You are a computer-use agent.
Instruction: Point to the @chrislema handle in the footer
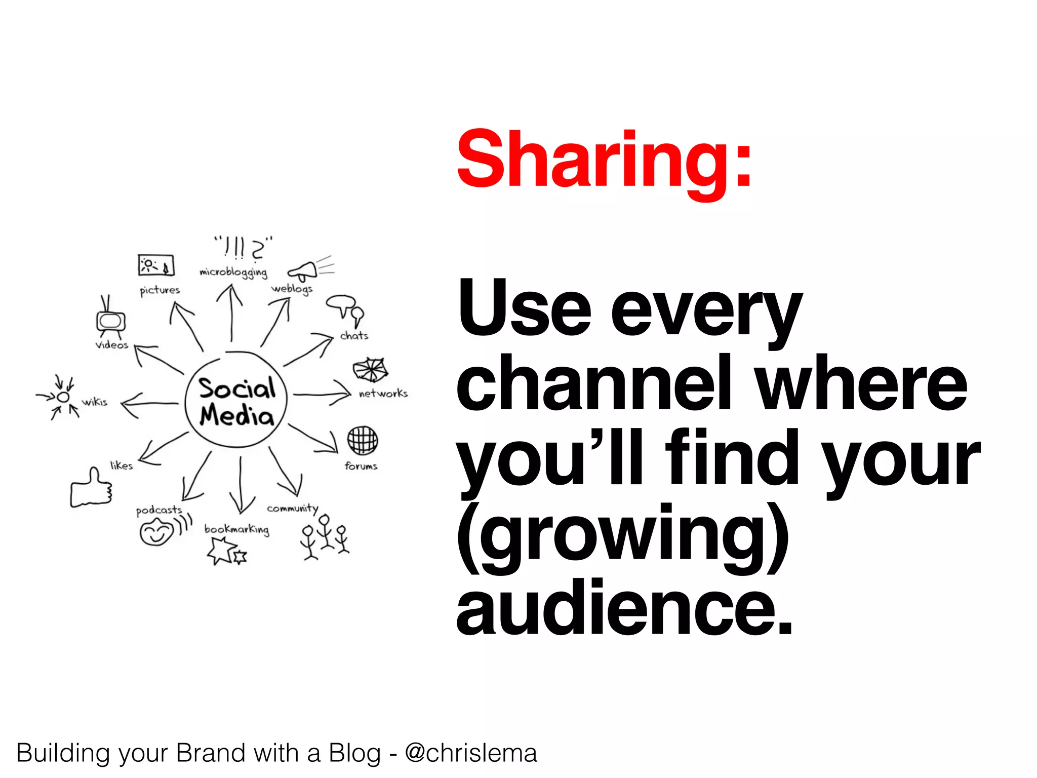(470, 753)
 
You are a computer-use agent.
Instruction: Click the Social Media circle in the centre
(236, 402)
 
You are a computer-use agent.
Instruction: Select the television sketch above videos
(110, 319)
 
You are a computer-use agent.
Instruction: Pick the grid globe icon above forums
(362, 440)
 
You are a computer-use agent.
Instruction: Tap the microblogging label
(233, 273)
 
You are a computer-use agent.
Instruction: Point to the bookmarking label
(236, 529)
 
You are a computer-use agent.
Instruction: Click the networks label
(383, 394)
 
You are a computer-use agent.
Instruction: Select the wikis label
(95, 402)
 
